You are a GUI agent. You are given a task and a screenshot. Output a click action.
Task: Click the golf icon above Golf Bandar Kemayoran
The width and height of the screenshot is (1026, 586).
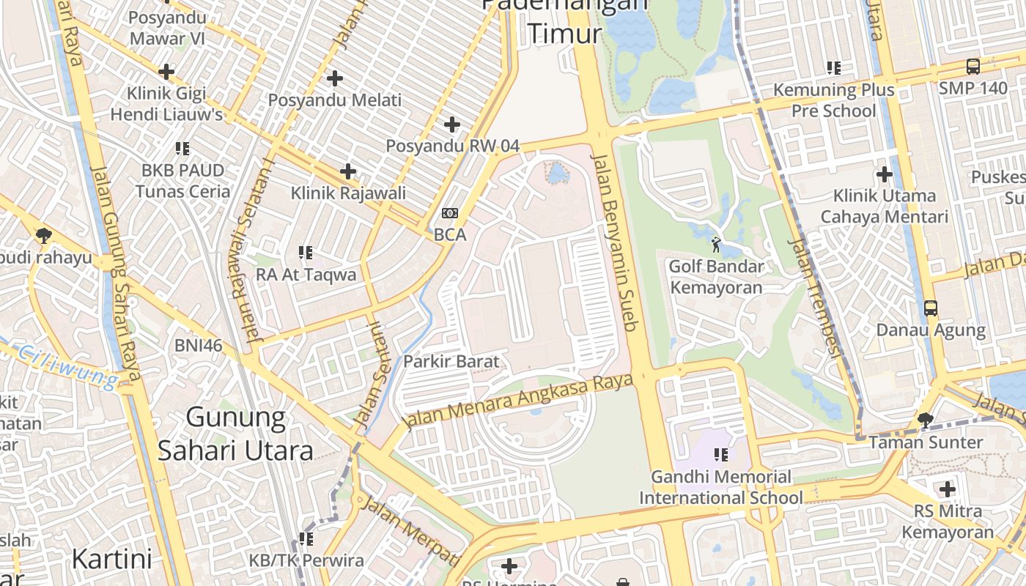point(716,245)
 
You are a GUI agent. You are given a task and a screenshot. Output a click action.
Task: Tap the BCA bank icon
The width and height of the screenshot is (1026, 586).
point(449,213)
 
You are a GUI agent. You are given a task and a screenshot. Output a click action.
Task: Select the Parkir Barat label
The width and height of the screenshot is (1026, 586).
point(451,361)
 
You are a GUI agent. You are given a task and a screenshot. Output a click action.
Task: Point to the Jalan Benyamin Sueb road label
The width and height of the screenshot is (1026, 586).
point(616,241)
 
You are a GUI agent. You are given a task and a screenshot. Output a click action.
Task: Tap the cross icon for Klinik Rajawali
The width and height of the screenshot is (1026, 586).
point(348,171)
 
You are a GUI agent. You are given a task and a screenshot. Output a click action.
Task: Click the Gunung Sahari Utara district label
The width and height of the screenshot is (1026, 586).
point(235,434)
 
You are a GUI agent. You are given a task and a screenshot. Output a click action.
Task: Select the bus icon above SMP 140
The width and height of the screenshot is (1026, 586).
point(973,67)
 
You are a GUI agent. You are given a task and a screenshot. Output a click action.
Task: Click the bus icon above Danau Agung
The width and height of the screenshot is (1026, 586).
point(930,308)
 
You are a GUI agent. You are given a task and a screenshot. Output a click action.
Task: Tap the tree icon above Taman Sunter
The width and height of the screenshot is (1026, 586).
point(925,420)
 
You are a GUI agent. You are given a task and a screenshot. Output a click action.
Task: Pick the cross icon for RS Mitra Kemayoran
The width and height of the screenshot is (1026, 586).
point(947,489)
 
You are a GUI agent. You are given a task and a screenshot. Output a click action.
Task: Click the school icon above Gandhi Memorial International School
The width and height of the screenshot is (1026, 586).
point(721,455)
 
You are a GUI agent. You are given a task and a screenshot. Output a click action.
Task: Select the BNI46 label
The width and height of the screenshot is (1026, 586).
point(198,345)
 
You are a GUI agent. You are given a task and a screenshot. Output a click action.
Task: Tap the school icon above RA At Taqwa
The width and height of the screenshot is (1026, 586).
point(306,253)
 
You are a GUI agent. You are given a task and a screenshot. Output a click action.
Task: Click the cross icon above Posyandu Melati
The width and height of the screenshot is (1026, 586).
point(335,78)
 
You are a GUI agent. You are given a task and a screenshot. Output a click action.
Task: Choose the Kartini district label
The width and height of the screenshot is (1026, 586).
point(111,559)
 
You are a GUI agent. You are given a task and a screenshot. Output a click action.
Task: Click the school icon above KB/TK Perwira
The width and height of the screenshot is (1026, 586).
point(306,539)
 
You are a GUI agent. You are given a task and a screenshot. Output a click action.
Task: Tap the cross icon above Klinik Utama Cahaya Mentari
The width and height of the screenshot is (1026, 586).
point(884,174)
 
